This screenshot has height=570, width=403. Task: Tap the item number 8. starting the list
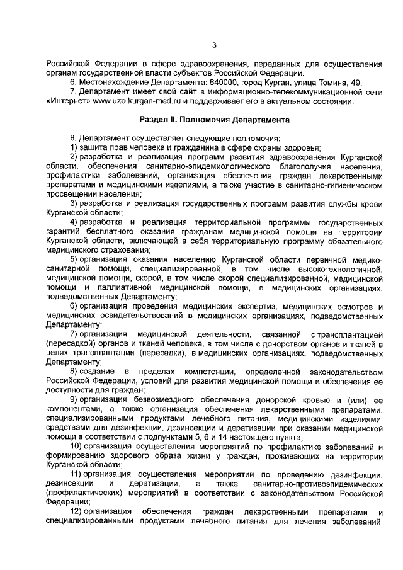coord(74,137)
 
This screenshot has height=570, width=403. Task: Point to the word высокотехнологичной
coord(346,268)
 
